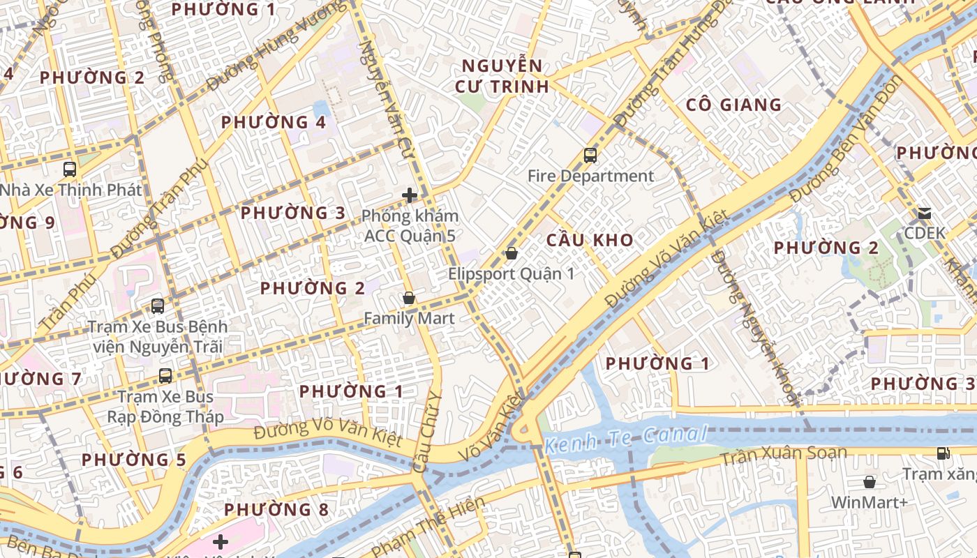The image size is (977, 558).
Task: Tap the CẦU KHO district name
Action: [590, 241]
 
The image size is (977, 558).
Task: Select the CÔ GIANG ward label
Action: [733, 105]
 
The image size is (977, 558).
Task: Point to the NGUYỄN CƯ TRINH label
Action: [502, 77]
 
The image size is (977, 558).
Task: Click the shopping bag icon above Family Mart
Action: [409, 299]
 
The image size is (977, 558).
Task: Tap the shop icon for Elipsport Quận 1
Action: [512, 253]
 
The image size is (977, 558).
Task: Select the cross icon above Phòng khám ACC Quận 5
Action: [410, 196]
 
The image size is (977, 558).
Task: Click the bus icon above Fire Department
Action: [590, 156]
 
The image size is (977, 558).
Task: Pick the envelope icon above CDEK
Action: [925, 213]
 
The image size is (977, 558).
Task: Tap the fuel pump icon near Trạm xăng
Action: [943, 453]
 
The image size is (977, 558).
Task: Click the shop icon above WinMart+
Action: [870, 482]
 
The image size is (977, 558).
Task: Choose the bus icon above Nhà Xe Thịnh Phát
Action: [70, 169]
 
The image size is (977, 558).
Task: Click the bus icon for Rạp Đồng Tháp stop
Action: [165, 376]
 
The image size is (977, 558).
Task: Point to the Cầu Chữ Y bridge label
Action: [428, 432]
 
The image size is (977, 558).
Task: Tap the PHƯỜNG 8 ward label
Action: [276, 510]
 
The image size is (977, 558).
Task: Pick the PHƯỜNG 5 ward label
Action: [134, 460]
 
